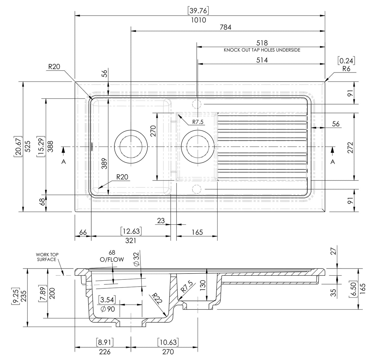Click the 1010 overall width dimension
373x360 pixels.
pyautogui.click(x=199, y=20)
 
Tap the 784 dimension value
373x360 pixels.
pyautogui.click(x=225, y=27)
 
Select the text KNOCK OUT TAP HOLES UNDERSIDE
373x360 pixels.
pyautogui.click(x=262, y=50)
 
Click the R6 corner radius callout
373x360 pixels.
pyautogui.click(x=346, y=69)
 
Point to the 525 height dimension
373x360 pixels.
pyautogui.click(x=28, y=147)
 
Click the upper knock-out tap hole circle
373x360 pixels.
pyautogui.click(x=197, y=104)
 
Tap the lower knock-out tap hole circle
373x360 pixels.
pyautogui.click(x=197, y=189)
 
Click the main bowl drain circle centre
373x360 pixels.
pyautogui.click(x=131, y=147)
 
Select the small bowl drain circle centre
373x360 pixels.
pyautogui.click(x=198, y=147)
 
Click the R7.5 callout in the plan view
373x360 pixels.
pyautogui.click(x=198, y=122)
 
